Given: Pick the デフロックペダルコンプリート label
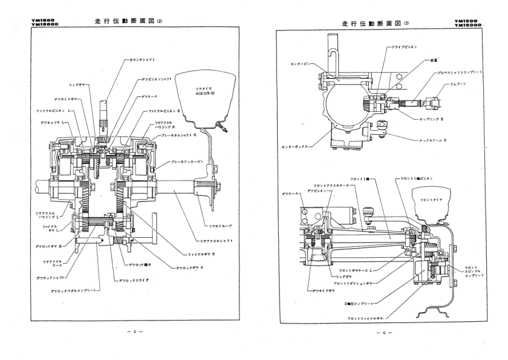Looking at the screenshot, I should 76,291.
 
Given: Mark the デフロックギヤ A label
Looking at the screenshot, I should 187,267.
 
